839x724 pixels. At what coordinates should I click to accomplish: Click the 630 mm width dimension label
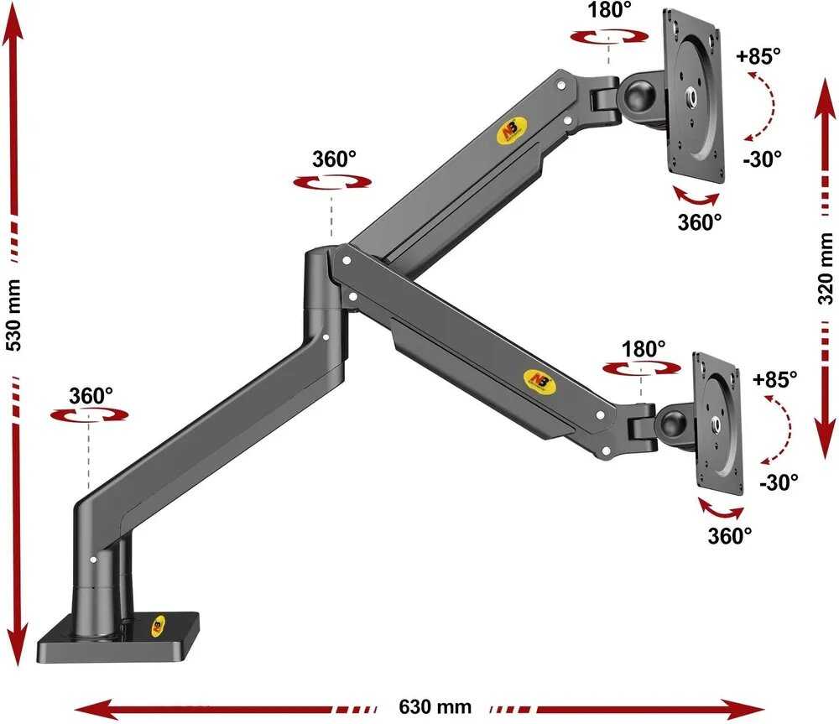pos(435,707)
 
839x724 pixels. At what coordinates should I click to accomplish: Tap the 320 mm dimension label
pos(826,268)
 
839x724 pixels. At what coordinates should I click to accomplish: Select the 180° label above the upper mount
pos(609,9)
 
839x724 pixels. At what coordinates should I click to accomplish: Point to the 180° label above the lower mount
pos(644,350)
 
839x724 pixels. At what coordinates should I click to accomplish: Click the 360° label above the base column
pos(91,396)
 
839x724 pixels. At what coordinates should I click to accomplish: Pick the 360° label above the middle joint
pos(334,159)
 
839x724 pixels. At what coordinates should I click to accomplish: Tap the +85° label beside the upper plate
pos(758,55)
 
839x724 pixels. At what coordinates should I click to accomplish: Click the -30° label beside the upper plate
pos(762,159)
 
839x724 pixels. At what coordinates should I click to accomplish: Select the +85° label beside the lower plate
pos(774,379)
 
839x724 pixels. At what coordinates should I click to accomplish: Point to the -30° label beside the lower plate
pos(779,482)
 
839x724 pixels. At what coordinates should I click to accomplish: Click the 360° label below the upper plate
pos(700,221)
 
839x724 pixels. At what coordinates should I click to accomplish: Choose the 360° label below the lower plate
pos(730,535)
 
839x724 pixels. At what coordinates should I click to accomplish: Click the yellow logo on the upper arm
pos(513,131)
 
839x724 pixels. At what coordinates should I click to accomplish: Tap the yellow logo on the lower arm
pos(539,381)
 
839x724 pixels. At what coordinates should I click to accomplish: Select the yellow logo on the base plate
pos(159,626)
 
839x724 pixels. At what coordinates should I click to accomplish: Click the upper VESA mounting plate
pos(694,96)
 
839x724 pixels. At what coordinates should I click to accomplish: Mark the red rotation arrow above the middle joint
pos(332,183)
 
